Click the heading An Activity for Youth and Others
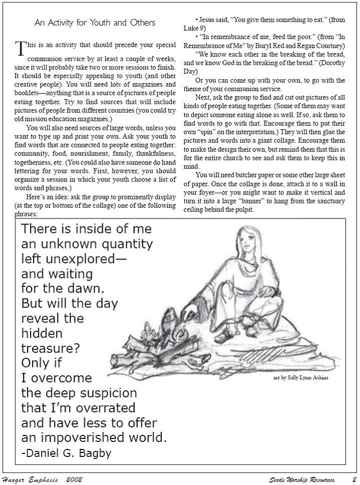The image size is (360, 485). [95, 23]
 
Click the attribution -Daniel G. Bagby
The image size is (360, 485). [66, 453]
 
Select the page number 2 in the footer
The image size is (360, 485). [353, 479]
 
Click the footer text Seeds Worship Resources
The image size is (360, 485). [301, 479]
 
